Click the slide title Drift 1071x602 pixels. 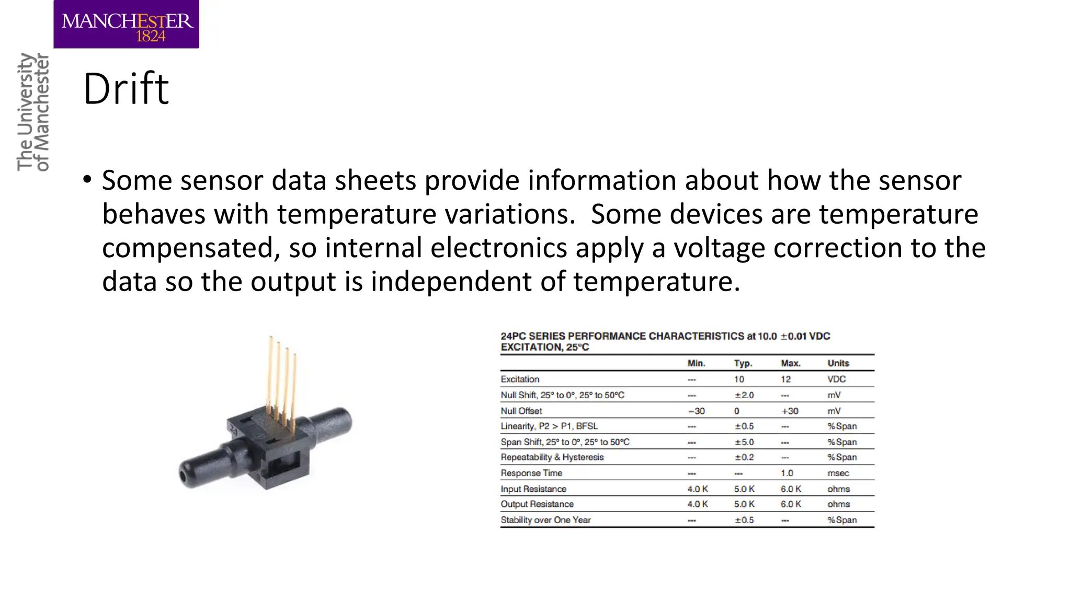[126, 89]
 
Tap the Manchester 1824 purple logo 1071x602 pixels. [126, 25]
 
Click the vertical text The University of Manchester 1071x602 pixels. [33, 112]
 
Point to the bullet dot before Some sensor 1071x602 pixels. [87, 180]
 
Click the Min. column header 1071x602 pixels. [696, 363]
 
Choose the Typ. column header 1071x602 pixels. [743, 363]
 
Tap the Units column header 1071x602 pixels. [838, 363]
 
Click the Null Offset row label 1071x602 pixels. [521, 411]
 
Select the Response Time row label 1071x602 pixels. [531, 473]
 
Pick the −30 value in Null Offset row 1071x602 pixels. [697, 411]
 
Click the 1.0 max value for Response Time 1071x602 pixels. [787, 473]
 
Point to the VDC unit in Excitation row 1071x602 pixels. [836, 379]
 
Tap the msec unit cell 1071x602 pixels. [838, 473]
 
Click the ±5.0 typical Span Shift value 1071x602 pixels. [744, 442]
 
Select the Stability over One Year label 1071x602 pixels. [545, 520]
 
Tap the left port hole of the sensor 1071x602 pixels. [183, 477]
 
